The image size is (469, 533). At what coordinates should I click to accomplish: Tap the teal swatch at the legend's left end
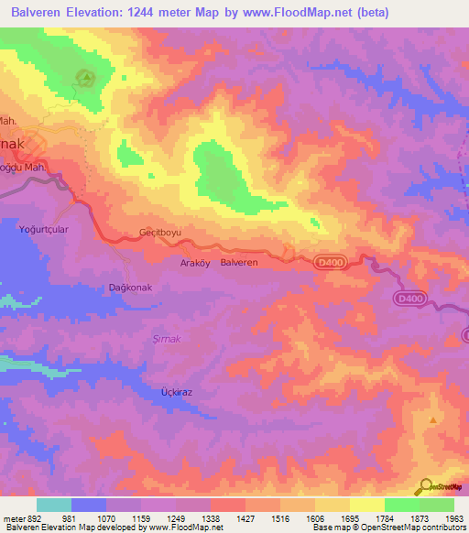tap(54, 505)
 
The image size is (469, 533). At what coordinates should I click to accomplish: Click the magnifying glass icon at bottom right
tap(425, 486)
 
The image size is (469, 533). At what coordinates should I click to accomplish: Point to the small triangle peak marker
tap(431, 419)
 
